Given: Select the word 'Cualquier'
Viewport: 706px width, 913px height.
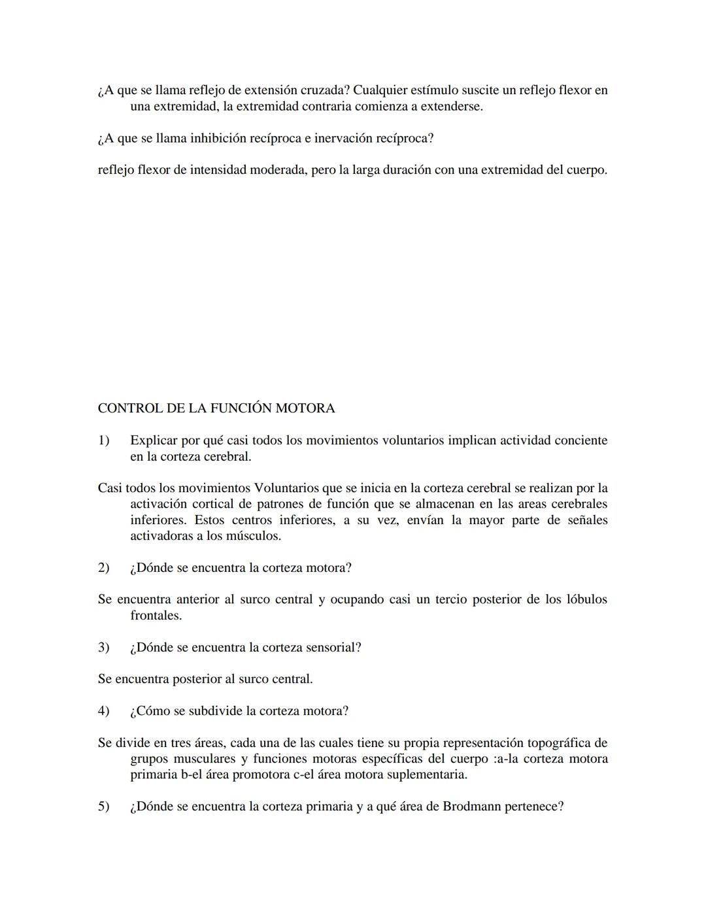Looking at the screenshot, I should (380, 90).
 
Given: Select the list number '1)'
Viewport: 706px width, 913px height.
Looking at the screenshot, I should (104, 440).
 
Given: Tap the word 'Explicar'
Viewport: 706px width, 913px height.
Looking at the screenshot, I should (154, 440).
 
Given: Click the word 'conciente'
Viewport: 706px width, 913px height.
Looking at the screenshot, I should (581, 440).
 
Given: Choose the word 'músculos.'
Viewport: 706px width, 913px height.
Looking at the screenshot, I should (252, 536).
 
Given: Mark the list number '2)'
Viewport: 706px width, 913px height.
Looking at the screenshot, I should (104, 568).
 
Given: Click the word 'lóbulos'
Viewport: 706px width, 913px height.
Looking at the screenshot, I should (586, 599).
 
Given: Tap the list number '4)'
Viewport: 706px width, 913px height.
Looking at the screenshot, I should (104, 711).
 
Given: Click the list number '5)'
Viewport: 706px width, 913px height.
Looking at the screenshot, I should (104, 806).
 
